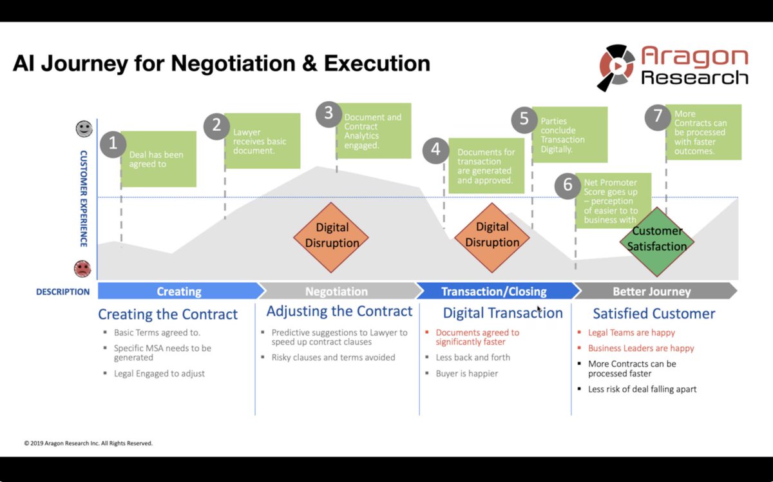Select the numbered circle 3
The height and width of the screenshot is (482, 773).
[x=329, y=114]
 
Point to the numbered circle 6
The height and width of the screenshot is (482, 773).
[x=568, y=185]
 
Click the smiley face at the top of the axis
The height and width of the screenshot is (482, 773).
[x=84, y=128]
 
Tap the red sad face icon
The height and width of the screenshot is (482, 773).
[x=82, y=268]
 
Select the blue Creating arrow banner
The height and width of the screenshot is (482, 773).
[x=178, y=291]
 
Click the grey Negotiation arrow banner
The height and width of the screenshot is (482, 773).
[x=336, y=291]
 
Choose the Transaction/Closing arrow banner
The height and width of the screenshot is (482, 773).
[x=493, y=291]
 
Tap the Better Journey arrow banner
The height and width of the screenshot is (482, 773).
[x=651, y=291]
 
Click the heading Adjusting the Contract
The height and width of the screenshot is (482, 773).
[x=339, y=312]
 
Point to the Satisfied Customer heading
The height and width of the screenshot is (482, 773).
[x=654, y=314]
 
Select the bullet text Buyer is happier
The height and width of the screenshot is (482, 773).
[x=466, y=373]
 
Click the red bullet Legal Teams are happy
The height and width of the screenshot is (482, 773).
[x=631, y=333]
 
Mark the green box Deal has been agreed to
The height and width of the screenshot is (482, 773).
[x=158, y=159]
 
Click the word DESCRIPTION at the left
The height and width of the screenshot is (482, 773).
[x=62, y=291]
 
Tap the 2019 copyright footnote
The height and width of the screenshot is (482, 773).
[x=88, y=443]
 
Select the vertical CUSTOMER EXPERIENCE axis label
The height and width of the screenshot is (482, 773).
[x=84, y=198]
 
